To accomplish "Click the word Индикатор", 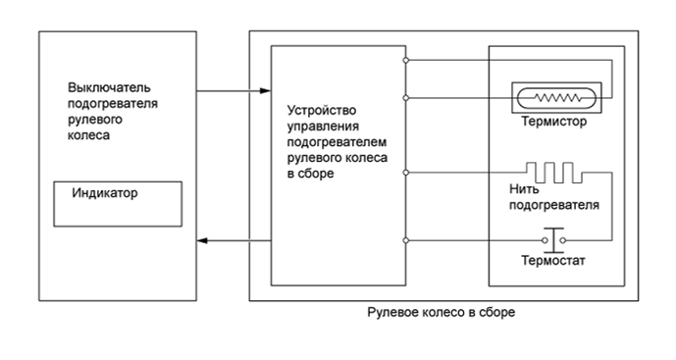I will [105, 193].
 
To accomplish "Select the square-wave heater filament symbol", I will [552, 173].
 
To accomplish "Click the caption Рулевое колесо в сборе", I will [441, 312].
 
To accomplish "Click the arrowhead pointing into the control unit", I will [265, 92].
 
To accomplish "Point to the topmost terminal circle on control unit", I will [406, 61].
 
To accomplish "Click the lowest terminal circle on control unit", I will [406, 240].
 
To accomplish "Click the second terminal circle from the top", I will [406, 97].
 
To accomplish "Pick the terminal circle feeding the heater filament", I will [406, 173].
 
